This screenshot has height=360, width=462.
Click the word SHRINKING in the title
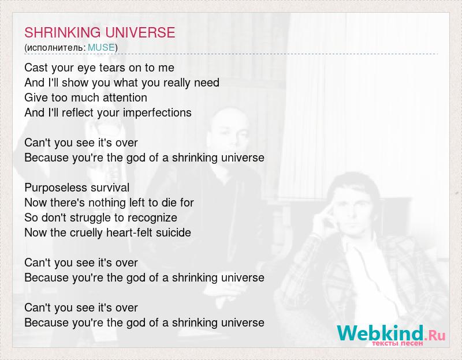(61, 32)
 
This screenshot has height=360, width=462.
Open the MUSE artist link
(101, 47)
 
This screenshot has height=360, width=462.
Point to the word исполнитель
(56, 47)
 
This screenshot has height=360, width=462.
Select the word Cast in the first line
(36, 67)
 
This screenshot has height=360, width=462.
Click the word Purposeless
(56, 187)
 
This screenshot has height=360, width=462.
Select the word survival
(110, 187)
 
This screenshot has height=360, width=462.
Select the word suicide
(172, 232)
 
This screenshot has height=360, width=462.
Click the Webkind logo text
(381, 333)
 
